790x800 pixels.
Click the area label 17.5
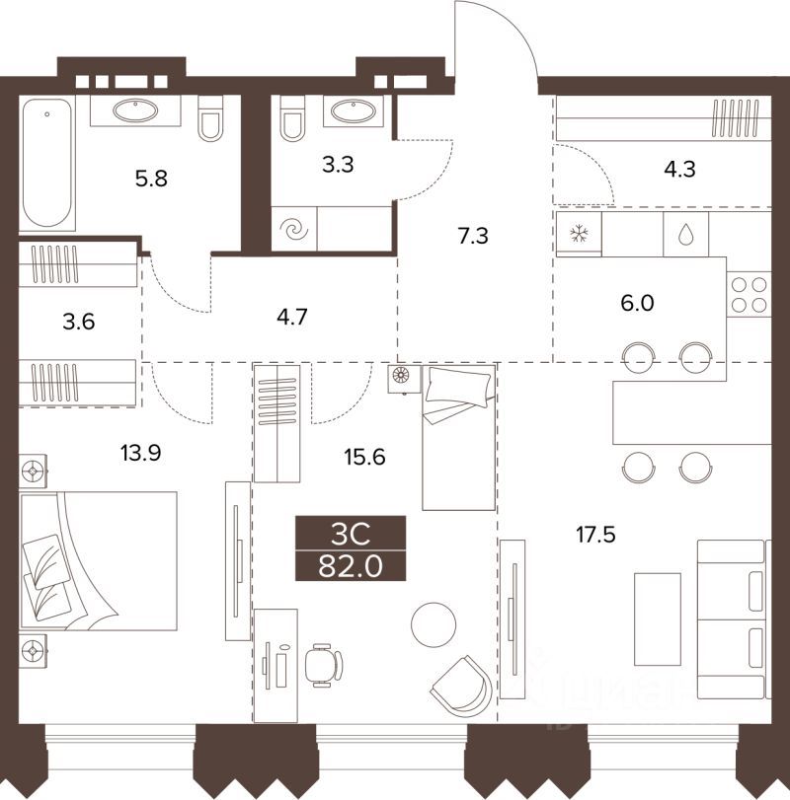click(x=598, y=536)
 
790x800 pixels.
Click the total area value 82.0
click(x=350, y=567)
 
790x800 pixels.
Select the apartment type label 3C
click(x=350, y=535)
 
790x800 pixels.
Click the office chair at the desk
click(x=321, y=664)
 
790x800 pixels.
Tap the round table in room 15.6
click(x=434, y=624)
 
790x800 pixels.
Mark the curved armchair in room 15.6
click(x=460, y=683)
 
